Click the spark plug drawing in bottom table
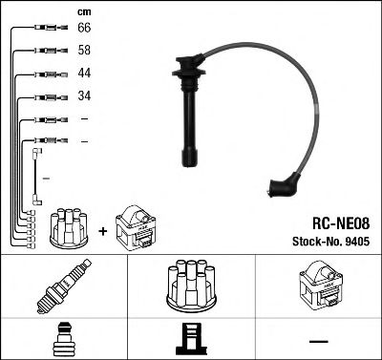click(62, 286)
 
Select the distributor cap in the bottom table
click(191, 285)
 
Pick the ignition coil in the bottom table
click(319, 286)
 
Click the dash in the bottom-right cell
click(319, 339)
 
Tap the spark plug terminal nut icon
click(63, 338)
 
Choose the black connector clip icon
click(191, 338)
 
